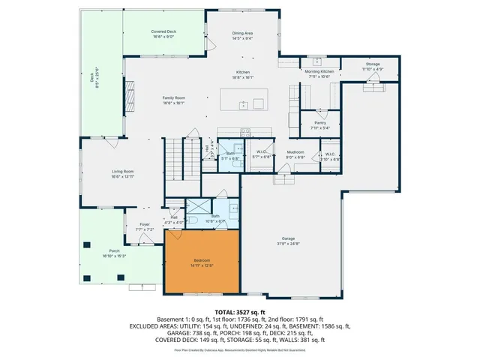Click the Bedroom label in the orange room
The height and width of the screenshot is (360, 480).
tap(201, 260)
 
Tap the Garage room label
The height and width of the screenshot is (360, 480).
tap(288, 238)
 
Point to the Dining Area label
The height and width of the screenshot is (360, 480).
tap(242, 33)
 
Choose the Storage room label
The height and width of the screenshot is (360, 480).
tap(373, 64)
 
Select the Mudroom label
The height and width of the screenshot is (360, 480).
tap(295, 152)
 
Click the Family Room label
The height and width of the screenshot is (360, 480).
tap(174, 98)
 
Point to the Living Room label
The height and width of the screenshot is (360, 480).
tap(122, 172)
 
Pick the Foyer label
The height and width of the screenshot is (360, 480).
tap(145, 224)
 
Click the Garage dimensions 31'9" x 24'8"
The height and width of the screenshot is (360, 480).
tap(288, 244)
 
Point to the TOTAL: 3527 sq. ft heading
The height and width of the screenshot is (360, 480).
tap(240, 311)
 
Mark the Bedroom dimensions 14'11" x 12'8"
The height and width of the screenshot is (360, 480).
tap(201, 265)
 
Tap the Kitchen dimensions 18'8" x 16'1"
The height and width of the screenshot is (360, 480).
tap(242, 77)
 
